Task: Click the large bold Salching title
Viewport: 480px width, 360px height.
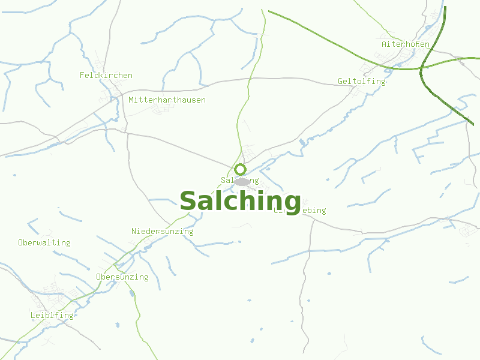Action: coord(240,201)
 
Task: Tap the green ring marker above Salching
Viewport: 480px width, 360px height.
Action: coord(241,169)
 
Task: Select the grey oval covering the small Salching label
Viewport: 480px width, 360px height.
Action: coord(242,181)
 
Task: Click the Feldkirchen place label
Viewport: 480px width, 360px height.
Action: coord(106,75)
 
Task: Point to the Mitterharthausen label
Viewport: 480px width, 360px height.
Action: coord(167,100)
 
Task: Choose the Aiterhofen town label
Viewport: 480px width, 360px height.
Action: coord(406,44)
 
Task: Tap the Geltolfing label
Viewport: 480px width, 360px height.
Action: coord(361,81)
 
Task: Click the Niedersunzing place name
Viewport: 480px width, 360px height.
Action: coord(162,231)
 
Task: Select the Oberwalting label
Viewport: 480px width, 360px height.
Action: coord(44,242)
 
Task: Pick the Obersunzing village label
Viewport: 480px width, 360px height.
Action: coord(122,277)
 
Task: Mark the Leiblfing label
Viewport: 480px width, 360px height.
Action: coord(52,315)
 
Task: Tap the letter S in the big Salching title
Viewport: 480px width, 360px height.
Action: coord(188,202)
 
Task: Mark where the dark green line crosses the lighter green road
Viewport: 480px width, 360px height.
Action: coord(422,68)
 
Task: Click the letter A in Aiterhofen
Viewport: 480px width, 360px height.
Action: coord(384,44)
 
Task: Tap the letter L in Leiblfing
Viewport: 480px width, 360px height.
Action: coord(33,315)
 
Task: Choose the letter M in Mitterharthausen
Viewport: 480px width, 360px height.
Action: coord(131,100)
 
